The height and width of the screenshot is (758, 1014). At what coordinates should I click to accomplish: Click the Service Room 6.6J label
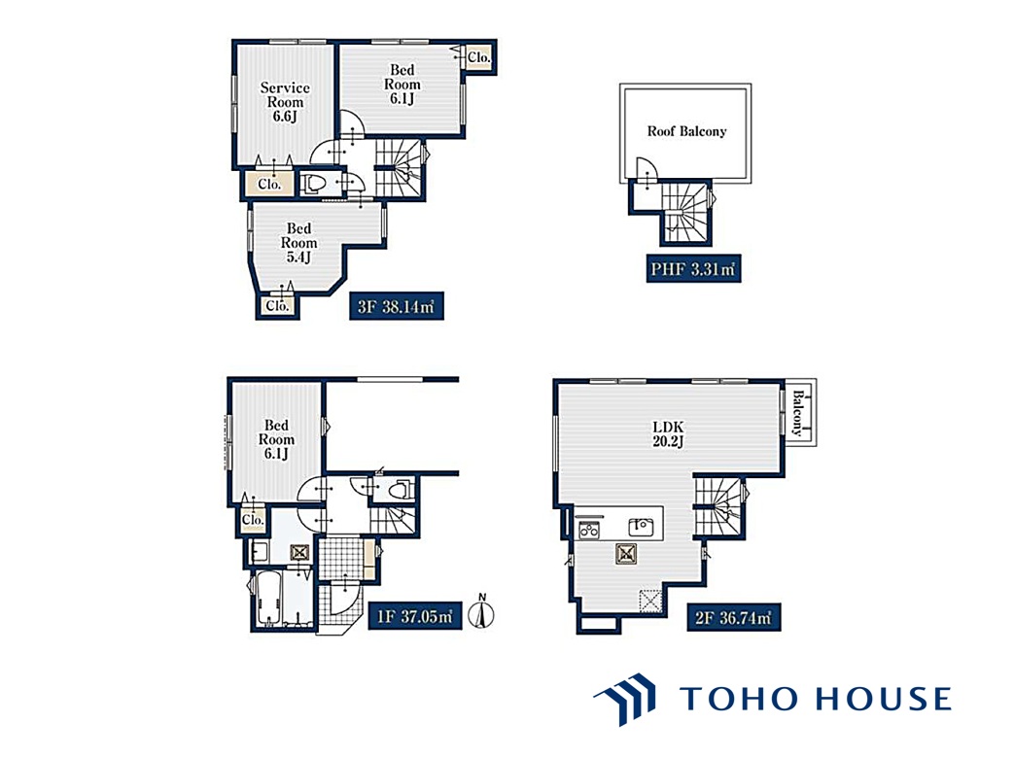coord(285,101)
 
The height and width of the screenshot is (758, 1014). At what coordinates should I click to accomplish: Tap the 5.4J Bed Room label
coord(298,242)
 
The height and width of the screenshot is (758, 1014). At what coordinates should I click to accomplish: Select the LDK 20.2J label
coord(668,433)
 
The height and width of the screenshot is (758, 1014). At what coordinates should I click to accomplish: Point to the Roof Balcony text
coord(686,131)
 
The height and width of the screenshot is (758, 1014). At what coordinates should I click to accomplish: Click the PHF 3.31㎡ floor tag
coord(693,269)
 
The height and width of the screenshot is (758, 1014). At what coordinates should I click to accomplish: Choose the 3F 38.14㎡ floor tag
coord(396,306)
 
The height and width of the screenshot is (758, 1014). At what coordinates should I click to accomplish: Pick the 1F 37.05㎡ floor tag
coord(414,616)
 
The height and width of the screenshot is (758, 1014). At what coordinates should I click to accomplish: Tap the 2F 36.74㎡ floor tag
coord(733,617)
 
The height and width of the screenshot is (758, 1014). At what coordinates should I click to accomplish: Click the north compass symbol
coord(481,611)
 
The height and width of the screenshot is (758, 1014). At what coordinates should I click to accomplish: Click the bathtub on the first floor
coord(268,597)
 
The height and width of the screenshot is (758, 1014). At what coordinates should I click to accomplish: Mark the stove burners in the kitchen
coord(589,530)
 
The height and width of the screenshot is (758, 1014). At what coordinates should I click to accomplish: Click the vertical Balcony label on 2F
coord(798,413)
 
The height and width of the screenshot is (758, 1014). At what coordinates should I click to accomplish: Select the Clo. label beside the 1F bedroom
coord(253,520)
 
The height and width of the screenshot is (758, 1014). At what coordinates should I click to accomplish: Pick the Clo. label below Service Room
coord(269,185)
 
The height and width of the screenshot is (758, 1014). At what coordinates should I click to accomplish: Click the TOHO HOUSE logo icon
coord(625,699)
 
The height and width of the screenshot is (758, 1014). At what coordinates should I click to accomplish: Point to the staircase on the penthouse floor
coord(686,212)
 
